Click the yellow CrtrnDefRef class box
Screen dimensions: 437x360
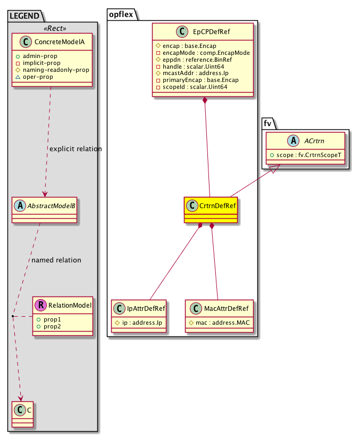coord(211,210)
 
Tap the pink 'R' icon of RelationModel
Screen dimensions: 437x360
coord(40,305)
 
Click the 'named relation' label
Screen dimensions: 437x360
coord(56,260)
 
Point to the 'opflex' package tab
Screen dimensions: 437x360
coord(121,12)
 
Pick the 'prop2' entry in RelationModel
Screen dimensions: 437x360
coord(52,325)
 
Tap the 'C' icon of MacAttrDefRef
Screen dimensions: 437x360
coord(195,308)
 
